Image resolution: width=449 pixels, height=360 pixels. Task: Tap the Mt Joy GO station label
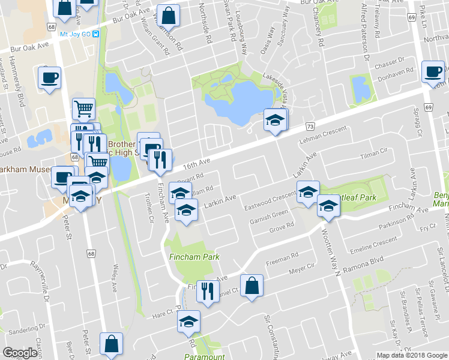75,34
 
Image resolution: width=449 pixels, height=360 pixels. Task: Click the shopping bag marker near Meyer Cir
252,284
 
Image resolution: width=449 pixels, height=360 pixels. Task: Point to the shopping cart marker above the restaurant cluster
83,109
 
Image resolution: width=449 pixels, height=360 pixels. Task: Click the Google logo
20,353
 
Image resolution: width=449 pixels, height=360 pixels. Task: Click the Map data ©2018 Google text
411,355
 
